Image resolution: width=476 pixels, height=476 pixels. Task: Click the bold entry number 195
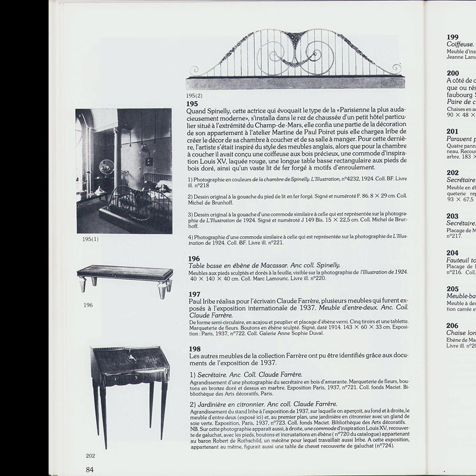point(193,103)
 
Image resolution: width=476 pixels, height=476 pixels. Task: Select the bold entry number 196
point(194,258)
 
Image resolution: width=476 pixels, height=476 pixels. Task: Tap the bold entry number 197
point(194,294)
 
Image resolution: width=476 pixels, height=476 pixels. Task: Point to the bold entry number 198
point(194,348)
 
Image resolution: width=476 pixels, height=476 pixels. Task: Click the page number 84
point(90,469)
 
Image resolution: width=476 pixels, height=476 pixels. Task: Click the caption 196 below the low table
point(88,305)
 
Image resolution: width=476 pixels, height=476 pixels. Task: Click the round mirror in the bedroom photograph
point(107,167)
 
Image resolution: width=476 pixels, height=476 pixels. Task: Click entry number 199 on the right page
point(453,37)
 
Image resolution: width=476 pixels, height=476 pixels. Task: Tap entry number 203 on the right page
point(453,216)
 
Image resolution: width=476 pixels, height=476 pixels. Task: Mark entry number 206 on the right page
point(453,325)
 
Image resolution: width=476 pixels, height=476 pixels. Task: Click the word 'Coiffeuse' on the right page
point(460,44)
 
